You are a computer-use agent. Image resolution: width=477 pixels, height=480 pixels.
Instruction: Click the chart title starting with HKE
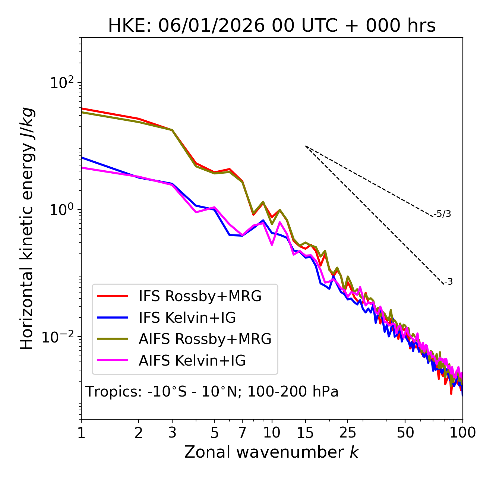point(272,26)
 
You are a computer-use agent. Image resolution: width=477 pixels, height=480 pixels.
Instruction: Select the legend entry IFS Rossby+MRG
point(200,296)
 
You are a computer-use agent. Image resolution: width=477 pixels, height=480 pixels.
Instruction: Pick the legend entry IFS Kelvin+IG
point(187,318)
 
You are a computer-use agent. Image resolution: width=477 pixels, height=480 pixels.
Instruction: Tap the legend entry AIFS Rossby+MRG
point(205,339)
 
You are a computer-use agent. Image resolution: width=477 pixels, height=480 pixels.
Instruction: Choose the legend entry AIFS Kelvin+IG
point(192,361)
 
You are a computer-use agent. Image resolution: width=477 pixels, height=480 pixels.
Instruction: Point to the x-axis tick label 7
point(242,433)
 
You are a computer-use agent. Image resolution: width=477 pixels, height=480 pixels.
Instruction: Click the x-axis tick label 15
point(305,433)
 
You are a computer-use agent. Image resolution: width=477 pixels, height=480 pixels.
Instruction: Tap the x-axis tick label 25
point(348,433)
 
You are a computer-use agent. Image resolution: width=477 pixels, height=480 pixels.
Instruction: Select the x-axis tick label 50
point(405,433)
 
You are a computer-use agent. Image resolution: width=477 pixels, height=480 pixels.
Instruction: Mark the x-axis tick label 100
point(462,433)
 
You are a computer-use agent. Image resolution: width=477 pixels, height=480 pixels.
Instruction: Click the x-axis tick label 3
point(172,433)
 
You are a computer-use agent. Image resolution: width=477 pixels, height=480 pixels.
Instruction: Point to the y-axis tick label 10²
point(61,83)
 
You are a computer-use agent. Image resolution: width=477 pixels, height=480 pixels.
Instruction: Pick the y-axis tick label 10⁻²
point(60,337)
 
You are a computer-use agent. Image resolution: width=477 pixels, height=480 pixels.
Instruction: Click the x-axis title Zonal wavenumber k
point(272,452)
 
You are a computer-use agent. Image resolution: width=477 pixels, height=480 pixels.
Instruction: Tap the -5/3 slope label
point(442,214)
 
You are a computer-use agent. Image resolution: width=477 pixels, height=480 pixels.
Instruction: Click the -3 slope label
point(448,282)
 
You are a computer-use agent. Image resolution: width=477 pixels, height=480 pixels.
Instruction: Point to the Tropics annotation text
point(212,392)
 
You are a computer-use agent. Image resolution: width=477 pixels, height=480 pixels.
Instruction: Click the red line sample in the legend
point(113,296)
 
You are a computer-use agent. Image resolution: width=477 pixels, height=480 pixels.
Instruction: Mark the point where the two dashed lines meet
point(305,146)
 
